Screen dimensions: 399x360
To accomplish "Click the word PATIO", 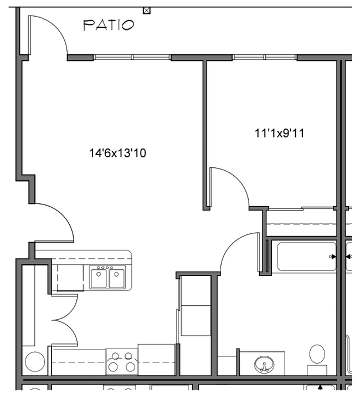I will pyautogui.click(x=108, y=25).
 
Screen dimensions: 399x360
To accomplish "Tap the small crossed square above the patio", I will pyautogui.click(x=146, y=10).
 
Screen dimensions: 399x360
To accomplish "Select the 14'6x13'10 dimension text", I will pyautogui.click(x=118, y=152).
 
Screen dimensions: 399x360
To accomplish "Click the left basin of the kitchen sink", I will pyautogui.click(x=99, y=278).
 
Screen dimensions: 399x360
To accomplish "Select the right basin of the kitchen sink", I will pyautogui.click(x=117, y=278).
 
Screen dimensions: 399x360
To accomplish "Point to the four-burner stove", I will pyautogui.click(x=121, y=361).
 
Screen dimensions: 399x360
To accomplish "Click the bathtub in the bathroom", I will pyautogui.click(x=306, y=257).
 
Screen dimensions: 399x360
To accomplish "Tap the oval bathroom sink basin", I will pyautogui.click(x=265, y=365).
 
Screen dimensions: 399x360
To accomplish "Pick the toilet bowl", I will pyautogui.click(x=317, y=354).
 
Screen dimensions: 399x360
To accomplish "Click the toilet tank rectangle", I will pyautogui.click(x=317, y=370).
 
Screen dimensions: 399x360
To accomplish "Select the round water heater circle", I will pyautogui.click(x=34, y=363).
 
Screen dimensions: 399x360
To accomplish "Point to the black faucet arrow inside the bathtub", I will pyautogui.click(x=333, y=257).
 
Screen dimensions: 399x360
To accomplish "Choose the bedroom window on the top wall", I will pyautogui.click(x=265, y=57).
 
